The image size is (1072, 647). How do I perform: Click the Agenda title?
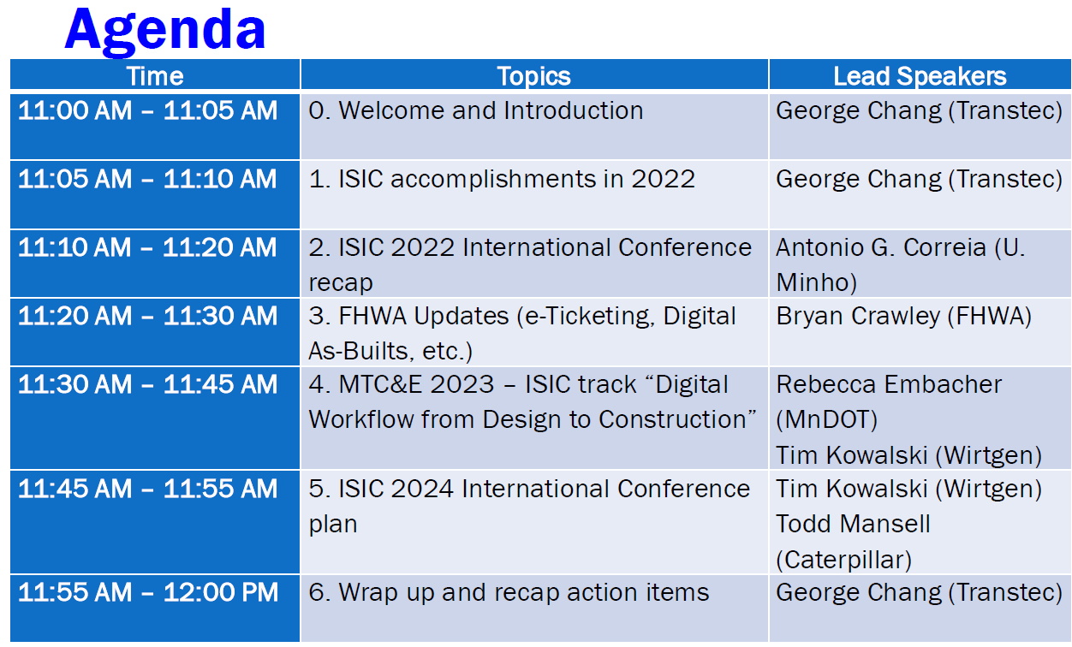[x=165, y=31]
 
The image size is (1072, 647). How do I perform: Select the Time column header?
[x=155, y=76]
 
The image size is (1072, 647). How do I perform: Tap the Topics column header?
[x=534, y=76]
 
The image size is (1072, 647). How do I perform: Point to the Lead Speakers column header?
[x=920, y=76]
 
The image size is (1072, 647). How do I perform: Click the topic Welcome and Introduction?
[x=491, y=110]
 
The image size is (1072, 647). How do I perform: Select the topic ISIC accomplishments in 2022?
[x=517, y=180]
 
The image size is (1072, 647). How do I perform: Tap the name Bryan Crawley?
[x=858, y=317]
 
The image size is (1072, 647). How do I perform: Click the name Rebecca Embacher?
[x=889, y=384]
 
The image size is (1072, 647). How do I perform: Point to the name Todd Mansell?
[x=853, y=524]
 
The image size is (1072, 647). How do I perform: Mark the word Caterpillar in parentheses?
[x=843, y=560]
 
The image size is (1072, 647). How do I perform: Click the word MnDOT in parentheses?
[x=826, y=420]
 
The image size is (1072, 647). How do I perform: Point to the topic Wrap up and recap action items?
[x=524, y=593]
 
